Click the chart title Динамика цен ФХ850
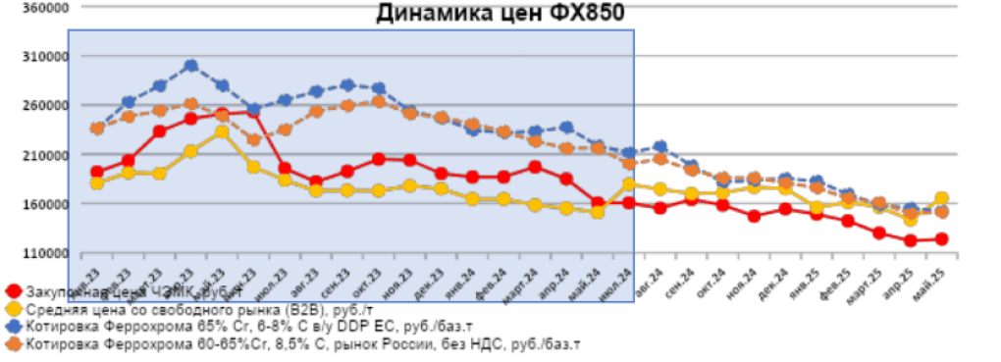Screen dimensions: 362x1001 500,13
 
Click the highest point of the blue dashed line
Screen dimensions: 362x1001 190,66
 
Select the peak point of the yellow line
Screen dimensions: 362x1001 222,131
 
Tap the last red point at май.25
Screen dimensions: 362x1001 941,238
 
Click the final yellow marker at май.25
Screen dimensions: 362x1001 941,198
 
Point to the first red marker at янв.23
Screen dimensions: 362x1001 97,172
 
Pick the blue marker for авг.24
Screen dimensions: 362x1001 660,147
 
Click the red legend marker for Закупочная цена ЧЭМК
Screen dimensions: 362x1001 13,291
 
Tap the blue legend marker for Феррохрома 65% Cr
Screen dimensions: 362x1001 13,327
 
